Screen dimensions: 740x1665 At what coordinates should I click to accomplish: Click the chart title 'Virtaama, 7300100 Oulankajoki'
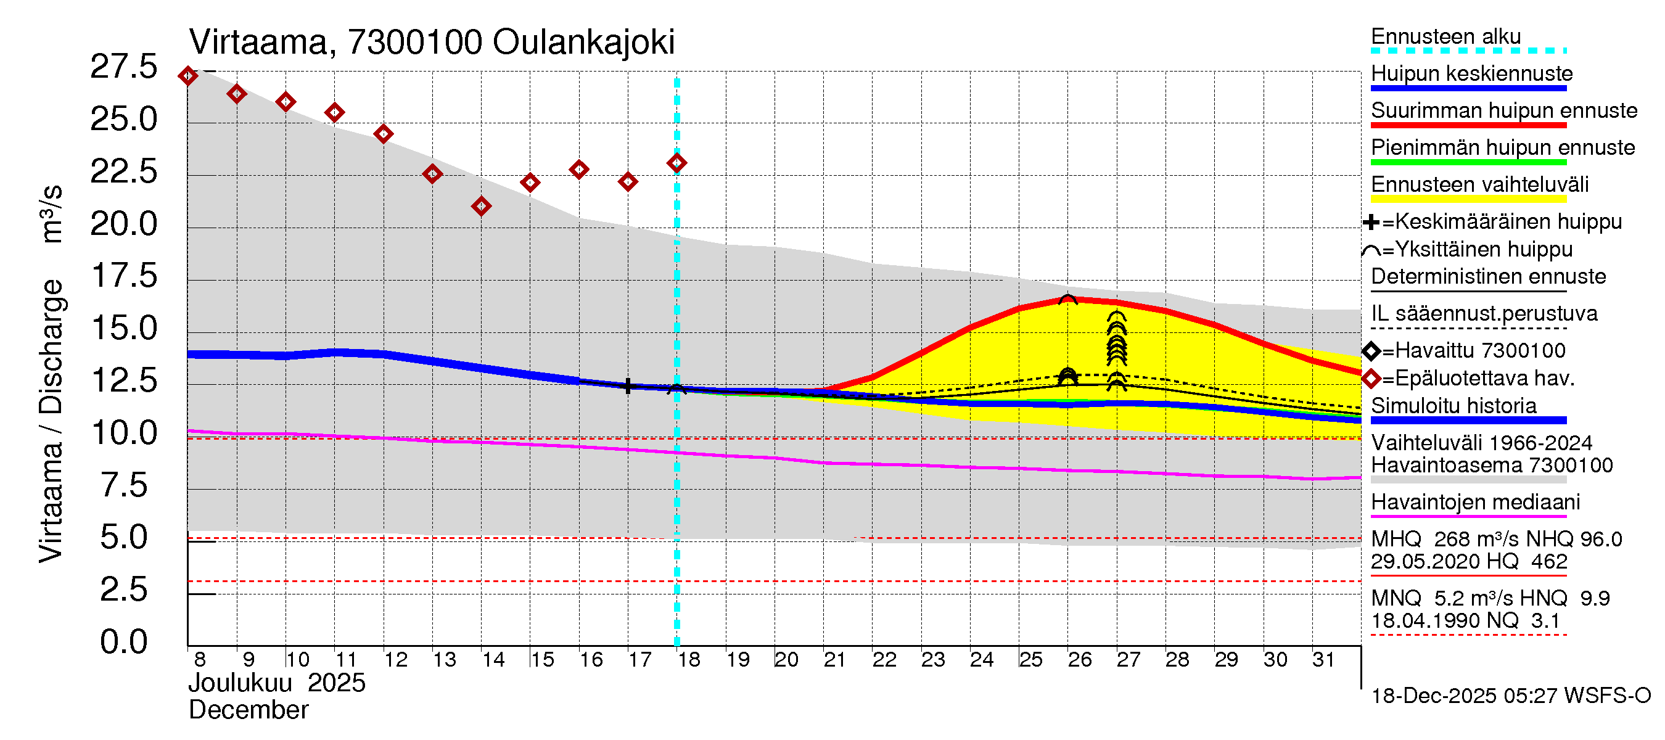coord(432,42)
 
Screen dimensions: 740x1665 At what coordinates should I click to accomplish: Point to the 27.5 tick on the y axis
coord(123,67)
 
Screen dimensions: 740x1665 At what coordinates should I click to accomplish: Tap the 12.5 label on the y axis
coord(123,380)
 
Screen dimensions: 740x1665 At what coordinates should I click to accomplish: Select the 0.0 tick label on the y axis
coord(123,642)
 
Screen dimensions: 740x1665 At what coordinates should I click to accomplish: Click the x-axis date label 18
coord(688,660)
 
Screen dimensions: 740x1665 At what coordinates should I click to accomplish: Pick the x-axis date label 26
coord(1079,660)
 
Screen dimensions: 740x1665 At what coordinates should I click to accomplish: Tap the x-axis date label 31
coord(1324,660)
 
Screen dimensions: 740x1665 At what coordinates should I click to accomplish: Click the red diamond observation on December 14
coord(481,207)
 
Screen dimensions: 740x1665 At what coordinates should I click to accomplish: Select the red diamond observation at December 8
coord(188,76)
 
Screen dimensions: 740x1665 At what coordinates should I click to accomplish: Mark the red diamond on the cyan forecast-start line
coord(676,163)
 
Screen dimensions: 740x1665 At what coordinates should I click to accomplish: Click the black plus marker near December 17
coord(628,386)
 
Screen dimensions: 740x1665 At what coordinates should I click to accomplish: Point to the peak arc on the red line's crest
coord(1068,298)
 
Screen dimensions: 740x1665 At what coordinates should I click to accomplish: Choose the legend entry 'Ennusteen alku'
coord(1446,37)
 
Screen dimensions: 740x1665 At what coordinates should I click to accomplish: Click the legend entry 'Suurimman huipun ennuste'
coord(1504,110)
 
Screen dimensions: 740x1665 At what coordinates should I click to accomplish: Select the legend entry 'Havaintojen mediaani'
coord(1476,502)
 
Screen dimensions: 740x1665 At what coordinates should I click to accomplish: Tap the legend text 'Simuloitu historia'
coord(1453,406)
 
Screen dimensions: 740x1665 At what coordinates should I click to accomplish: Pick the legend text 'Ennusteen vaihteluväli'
coord(1479,185)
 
